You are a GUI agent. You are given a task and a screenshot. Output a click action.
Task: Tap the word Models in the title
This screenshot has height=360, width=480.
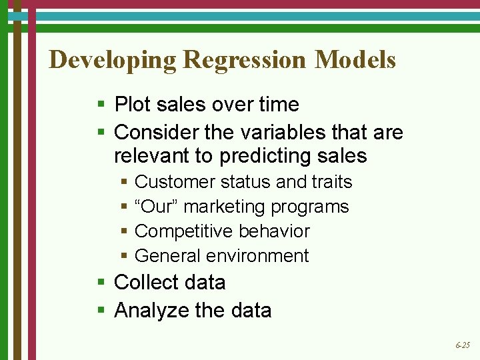pos(355,60)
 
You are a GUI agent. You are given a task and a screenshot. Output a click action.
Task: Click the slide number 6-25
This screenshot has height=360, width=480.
pos(462,345)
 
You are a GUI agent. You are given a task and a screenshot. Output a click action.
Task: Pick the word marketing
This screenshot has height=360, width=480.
pos(224,207)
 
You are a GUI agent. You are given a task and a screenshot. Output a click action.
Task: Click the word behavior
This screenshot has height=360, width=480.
pos(271,231)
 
